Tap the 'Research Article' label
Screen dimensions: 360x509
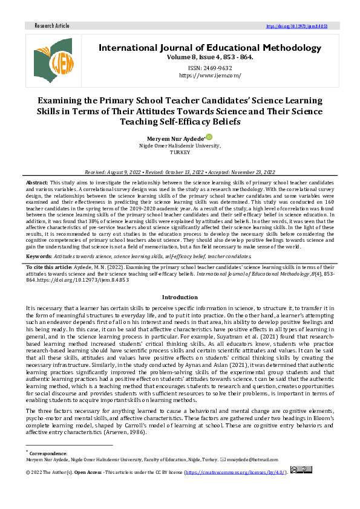(52, 26)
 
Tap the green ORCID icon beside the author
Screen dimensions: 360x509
(209, 137)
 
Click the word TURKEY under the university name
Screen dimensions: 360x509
(180, 152)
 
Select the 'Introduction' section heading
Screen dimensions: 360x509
(180, 297)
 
